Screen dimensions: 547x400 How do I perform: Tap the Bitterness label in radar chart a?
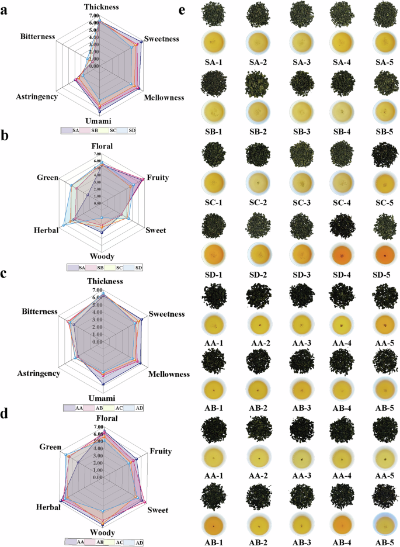[x=37, y=36]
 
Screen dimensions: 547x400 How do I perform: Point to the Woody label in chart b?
[x=102, y=256]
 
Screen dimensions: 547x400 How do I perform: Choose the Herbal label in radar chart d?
[x=48, y=507]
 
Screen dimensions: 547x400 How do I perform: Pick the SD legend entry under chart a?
[x=133, y=131]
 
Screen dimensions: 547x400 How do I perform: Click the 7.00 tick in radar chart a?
[x=94, y=16]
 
